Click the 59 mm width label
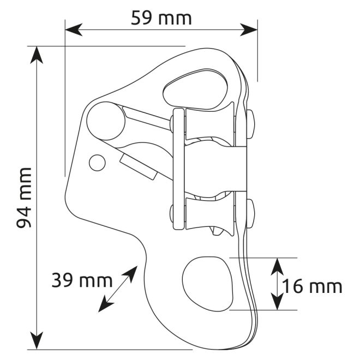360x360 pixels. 161,17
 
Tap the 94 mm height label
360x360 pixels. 23,199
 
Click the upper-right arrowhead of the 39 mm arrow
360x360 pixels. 133,271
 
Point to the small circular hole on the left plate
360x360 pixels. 97,162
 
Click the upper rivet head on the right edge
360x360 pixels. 251,123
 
